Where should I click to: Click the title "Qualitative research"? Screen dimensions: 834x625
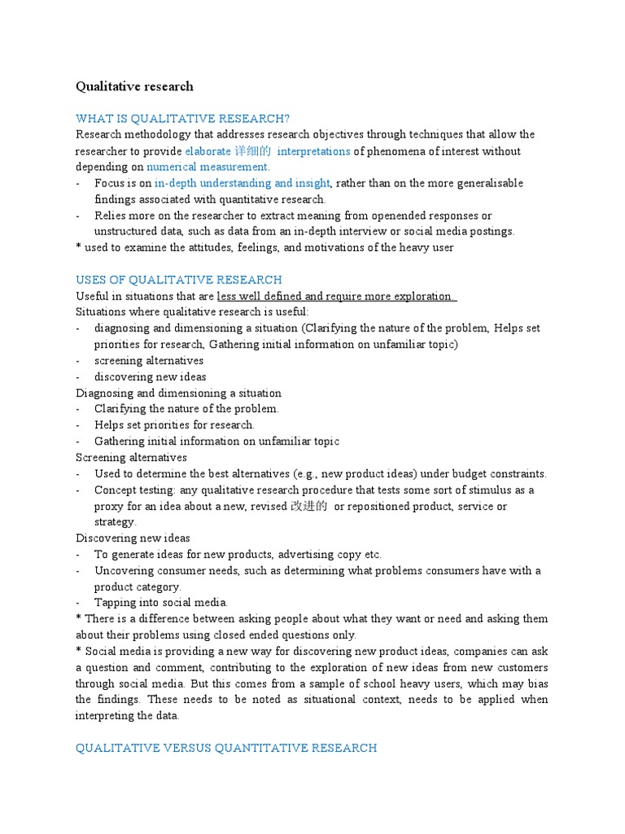(x=134, y=86)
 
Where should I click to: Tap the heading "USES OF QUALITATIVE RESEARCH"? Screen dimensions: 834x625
(x=179, y=279)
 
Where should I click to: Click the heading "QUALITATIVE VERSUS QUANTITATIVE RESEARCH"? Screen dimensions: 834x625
(x=226, y=748)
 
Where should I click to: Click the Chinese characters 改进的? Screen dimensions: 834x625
(x=309, y=506)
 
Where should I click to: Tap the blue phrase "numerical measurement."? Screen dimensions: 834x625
(x=197, y=167)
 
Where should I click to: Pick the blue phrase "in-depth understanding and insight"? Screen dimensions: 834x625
(x=243, y=183)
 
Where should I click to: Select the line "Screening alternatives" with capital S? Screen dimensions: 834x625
(x=131, y=458)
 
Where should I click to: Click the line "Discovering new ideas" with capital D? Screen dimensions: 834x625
(x=133, y=538)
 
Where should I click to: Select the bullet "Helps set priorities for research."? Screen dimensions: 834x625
(x=174, y=425)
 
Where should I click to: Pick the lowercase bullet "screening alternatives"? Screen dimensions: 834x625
(x=149, y=361)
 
